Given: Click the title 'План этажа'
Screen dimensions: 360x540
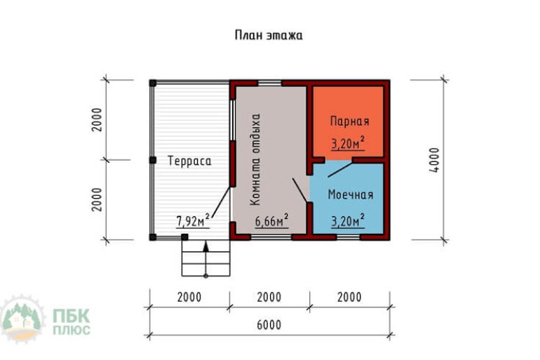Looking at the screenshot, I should [269, 35].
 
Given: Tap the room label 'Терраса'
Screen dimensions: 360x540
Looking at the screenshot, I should [189, 161].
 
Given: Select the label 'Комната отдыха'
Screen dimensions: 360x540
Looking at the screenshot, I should [256, 159].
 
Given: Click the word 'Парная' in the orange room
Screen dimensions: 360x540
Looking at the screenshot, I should [349, 121].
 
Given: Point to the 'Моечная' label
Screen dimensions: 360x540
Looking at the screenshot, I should [351, 194].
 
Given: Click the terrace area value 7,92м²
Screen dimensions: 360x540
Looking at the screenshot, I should [193, 222].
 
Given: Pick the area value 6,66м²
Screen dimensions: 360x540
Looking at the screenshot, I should [271, 222].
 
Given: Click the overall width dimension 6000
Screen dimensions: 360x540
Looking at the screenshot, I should [269, 325].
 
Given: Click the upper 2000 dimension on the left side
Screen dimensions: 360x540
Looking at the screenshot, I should [97, 120].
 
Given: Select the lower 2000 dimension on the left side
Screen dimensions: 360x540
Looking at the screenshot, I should [97, 199].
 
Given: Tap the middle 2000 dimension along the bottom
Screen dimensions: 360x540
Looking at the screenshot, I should [269, 297].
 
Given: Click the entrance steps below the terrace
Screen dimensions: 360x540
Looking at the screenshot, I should [205, 257].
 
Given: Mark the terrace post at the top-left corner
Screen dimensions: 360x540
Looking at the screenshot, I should [152, 83].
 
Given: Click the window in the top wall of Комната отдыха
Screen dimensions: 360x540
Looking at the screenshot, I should [269, 83].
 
